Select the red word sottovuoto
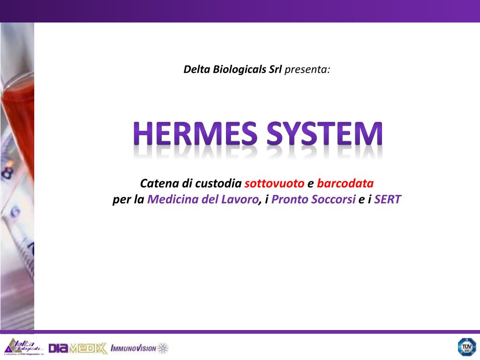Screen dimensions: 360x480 pyautogui.click(x=274, y=183)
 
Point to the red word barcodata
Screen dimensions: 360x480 pyautogui.click(x=345, y=183)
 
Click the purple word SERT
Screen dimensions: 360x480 pyautogui.click(x=388, y=200)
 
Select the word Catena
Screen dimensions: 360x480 pyautogui.click(x=157, y=183)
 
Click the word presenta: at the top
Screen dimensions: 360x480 pyautogui.click(x=307, y=70)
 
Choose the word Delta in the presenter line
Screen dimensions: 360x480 pyautogui.click(x=196, y=70)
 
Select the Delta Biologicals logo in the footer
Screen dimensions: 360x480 pyautogui.click(x=23, y=347)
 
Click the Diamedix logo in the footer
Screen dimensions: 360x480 pyautogui.click(x=77, y=348)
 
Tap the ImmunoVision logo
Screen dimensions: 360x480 pyautogui.click(x=139, y=348)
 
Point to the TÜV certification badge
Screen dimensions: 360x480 pyautogui.click(x=466, y=347)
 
